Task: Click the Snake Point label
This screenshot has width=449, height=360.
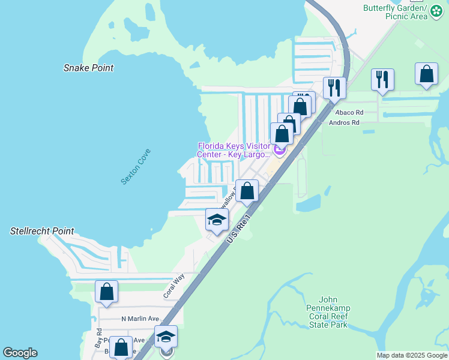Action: (x=88, y=68)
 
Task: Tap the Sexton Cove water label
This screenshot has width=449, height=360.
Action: (x=136, y=166)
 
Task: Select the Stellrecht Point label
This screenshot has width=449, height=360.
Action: (x=42, y=231)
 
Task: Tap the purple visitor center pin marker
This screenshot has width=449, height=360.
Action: (x=279, y=148)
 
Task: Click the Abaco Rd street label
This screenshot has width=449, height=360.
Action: (x=349, y=112)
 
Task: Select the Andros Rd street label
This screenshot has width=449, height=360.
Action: (x=344, y=122)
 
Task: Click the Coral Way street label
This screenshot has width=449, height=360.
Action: (x=172, y=287)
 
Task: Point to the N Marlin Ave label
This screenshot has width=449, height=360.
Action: (x=140, y=319)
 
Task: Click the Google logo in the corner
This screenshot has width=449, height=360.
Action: (x=20, y=353)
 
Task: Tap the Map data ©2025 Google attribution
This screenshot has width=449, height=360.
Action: (x=412, y=355)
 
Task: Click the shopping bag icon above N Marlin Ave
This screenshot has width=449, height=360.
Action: (x=106, y=292)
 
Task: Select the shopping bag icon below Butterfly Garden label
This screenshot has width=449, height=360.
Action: (x=426, y=75)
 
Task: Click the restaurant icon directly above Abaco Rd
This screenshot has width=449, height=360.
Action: (x=382, y=79)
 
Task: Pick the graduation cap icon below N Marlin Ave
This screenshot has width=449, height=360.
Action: (x=166, y=337)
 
